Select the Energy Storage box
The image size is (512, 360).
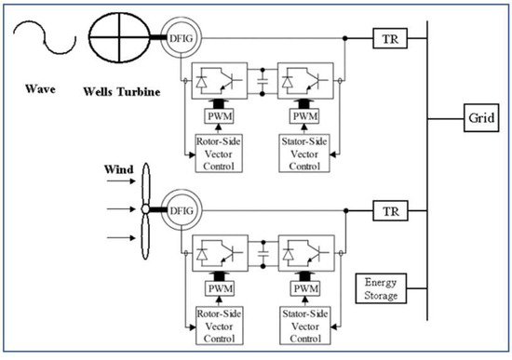tap(383, 288)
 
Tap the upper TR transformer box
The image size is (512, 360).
tap(385, 39)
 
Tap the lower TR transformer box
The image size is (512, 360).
tap(385, 211)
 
